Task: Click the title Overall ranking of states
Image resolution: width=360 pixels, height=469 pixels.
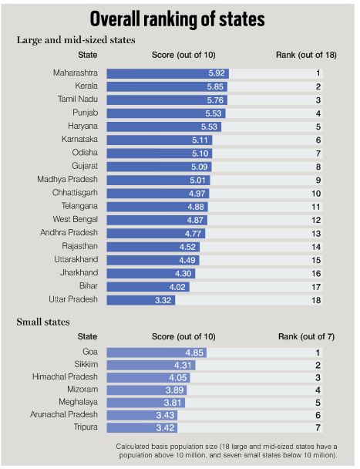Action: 177,19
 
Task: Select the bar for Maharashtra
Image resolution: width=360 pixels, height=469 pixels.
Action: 168,73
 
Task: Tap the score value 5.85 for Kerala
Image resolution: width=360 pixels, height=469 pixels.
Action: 215,86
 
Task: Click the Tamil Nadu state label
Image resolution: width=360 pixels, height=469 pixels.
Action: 78,99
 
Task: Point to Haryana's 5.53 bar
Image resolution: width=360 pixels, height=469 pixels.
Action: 164,127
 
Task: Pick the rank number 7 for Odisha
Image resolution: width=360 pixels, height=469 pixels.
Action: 318,154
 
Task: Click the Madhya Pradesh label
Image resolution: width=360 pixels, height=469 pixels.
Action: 67,179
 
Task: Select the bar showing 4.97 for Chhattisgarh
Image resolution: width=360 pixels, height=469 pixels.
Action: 158,194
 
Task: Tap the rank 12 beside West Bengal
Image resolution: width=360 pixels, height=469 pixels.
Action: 316,220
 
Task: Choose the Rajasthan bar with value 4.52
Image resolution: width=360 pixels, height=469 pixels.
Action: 153,247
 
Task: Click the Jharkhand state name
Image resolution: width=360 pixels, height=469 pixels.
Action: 79,272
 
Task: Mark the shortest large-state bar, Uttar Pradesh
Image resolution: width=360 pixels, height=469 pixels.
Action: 141,300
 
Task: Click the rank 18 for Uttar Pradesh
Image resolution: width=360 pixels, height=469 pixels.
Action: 316,300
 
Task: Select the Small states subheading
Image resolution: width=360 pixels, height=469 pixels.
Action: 43,322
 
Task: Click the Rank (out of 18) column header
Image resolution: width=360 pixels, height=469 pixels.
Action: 306,55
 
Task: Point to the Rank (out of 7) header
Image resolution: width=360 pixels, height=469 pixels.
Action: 307,337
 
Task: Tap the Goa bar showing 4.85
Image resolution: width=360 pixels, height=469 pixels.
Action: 156,353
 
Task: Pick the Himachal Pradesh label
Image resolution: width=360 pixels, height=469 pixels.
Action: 65,376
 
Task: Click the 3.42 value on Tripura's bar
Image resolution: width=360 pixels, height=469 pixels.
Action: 165,427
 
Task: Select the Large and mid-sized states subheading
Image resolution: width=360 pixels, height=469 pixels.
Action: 76,40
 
